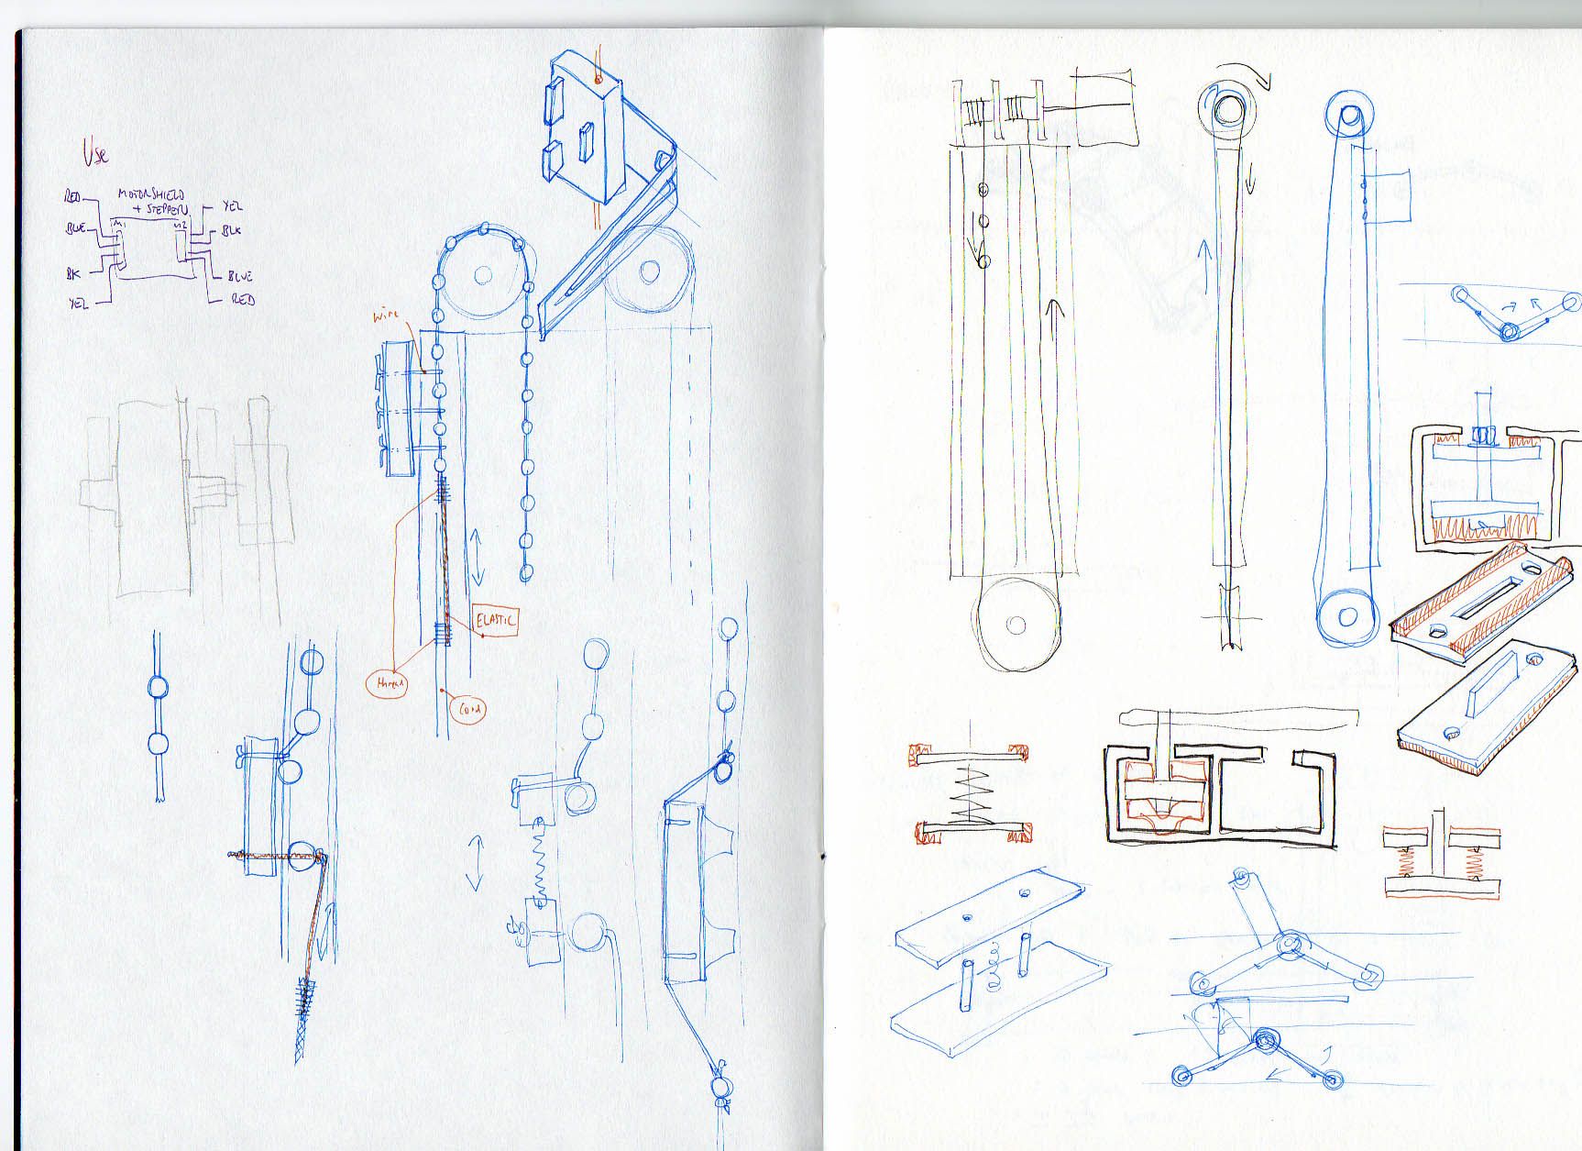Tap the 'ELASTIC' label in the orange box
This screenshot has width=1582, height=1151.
click(x=496, y=620)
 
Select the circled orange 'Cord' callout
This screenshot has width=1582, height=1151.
click(x=468, y=709)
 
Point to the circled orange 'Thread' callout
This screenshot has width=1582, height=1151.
click(x=388, y=682)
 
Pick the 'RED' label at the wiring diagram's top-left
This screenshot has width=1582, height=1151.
click(x=72, y=197)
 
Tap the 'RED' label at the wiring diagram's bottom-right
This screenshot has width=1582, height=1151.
click(x=243, y=299)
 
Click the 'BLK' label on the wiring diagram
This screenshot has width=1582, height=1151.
click(x=231, y=230)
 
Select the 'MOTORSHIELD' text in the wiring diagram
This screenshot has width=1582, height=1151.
click(x=150, y=195)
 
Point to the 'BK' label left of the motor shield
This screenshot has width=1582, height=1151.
click(x=72, y=273)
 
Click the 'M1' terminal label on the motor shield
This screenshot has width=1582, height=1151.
click(x=116, y=223)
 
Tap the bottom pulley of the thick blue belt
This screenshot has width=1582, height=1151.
click(x=1346, y=615)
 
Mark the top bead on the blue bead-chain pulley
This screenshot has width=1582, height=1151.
click(x=484, y=228)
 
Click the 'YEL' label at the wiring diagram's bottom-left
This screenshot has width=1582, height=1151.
click(x=78, y=304)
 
